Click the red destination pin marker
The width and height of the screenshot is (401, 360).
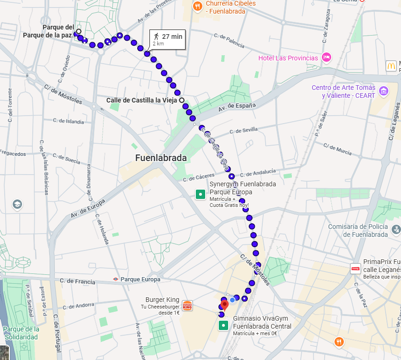point(224,305)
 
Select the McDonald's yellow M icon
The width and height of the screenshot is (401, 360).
point(391,66)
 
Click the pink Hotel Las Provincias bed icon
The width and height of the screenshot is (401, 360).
point(327,58)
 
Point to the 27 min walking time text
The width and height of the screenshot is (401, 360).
point(172,36)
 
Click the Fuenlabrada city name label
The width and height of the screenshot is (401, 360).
point(161,158)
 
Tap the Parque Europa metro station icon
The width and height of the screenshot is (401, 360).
point(115,279)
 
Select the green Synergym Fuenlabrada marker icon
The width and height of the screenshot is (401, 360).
point(200,194)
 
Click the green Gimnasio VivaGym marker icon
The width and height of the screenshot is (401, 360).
point(223,325)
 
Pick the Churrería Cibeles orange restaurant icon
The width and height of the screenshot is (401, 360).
point(198,6)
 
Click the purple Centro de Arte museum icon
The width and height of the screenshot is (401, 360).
point(384,90)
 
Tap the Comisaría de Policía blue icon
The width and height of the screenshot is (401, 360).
point(395,230)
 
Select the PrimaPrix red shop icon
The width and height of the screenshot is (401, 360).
point(356,269)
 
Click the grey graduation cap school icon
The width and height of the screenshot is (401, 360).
point(17,205)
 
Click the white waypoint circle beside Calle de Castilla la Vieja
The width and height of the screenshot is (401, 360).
point(181,100)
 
